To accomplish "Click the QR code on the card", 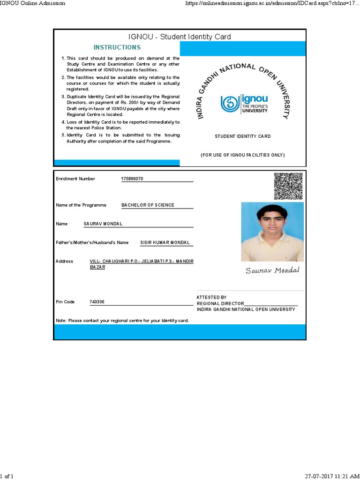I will tap(288, 186).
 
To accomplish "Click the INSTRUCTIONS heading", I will tap(117, 47).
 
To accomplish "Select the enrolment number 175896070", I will tap(132, 179).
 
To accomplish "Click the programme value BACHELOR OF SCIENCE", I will tap(148, 205).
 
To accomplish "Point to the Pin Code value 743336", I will tap(97, 302).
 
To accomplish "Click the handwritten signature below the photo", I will tap(272, 270).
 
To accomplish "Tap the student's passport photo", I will tap(272, 232).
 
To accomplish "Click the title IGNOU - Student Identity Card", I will tap(180, 37).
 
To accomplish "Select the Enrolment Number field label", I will tap(75, 179).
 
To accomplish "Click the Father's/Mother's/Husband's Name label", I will tap(92, 243).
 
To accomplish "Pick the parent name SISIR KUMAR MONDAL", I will tap(165, 243).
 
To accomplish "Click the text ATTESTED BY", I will tap(211, 297).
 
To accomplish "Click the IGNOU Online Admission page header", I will tap(33, 3).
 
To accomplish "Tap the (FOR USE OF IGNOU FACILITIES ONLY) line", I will tap(242, 155).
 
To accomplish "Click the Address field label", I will tap(64, 262).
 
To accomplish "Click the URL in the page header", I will tap(272, 3).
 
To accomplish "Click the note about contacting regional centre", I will tap(122, 321).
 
